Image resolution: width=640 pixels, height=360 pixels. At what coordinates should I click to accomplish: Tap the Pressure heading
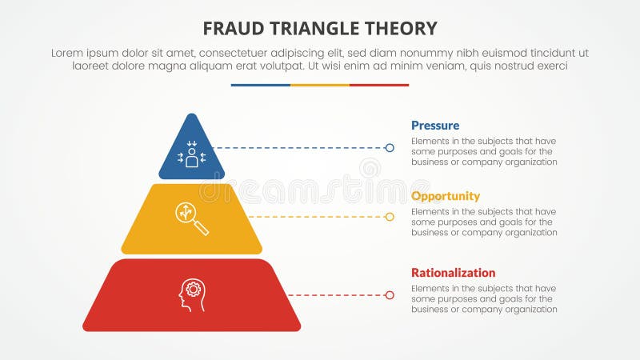click(435, 126)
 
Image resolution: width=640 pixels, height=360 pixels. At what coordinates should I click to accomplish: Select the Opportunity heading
click(446, 196)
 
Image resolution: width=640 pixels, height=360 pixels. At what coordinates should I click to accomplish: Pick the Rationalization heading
click(454, 273)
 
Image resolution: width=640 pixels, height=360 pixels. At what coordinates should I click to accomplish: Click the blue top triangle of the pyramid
click(191, 148)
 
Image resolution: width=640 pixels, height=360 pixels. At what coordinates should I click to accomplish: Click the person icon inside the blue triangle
click(191, 154)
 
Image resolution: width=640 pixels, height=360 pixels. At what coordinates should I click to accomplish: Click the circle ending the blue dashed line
click(390, 148)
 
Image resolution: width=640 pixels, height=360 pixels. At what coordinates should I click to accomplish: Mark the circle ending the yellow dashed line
click(390, 217)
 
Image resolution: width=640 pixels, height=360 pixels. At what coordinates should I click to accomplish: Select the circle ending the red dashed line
click(390, 295)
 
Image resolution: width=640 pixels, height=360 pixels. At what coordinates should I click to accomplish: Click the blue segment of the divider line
click(260, 85)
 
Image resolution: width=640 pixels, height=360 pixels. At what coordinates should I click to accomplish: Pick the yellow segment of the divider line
click(320, 85)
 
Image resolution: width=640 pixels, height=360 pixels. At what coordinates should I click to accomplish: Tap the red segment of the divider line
click(379, 85)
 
